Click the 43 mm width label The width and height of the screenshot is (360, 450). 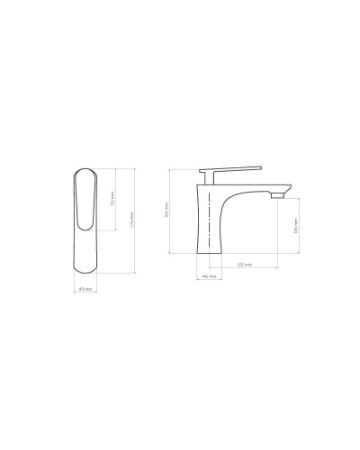click(x=85, y=289)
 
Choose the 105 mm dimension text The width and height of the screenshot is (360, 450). click(x=296, y=225)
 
